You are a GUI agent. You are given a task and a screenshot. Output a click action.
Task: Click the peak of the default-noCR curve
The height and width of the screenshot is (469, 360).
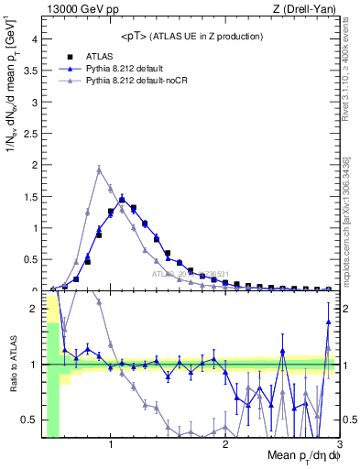click(99, 169)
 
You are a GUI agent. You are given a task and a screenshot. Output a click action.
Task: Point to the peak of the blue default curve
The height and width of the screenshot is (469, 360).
click(122, 198)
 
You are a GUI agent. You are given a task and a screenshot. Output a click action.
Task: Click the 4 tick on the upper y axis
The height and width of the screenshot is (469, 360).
click(34, 38)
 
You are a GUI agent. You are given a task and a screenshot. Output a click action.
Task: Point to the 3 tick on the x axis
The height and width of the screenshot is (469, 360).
click(338, 444)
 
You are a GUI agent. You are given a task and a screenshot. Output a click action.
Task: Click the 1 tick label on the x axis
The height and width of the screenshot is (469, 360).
click(111, 444)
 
